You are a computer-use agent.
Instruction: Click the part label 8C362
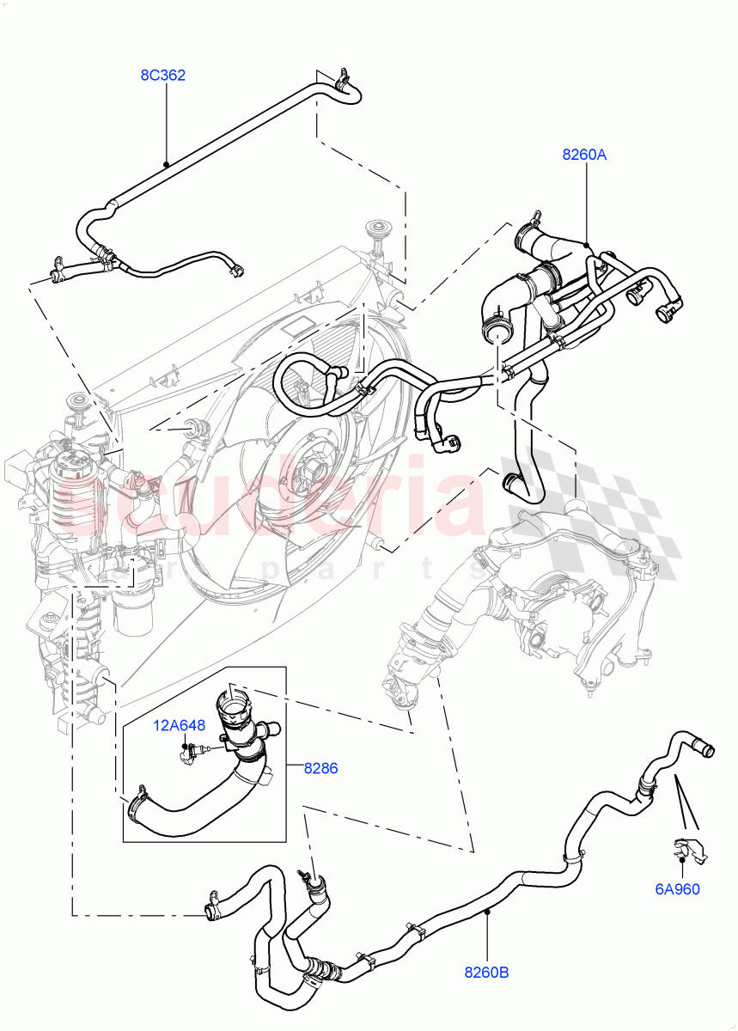coord(163,76)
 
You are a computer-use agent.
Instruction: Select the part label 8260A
coord(585,155)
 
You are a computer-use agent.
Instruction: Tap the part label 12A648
coord(180,725)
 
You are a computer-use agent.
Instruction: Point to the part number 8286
coord(320,768)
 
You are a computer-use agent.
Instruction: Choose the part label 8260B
coord(487,973)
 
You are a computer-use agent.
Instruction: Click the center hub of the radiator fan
coord(312,471)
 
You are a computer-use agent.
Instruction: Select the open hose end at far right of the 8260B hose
coord(706,751)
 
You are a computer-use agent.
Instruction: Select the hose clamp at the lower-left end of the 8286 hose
coord(137,806)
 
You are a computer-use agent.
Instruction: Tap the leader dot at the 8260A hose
coord(587,246)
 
